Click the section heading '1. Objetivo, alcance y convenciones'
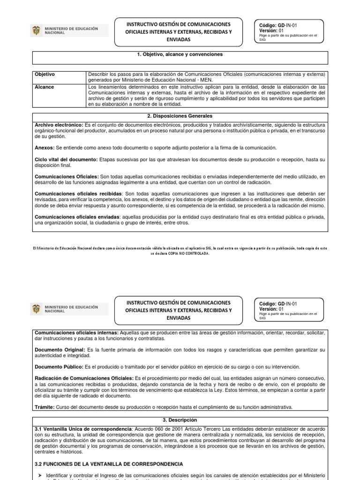point(180,55)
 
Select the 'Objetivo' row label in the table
point(45,75)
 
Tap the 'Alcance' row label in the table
point(45,87)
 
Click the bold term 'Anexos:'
point(45,148)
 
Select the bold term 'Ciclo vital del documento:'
point(67,160)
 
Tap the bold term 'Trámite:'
point(45,406)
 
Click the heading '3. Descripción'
point(180,420)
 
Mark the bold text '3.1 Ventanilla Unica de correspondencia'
point(83,429)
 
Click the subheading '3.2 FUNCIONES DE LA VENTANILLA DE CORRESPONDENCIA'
point(109,464)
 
